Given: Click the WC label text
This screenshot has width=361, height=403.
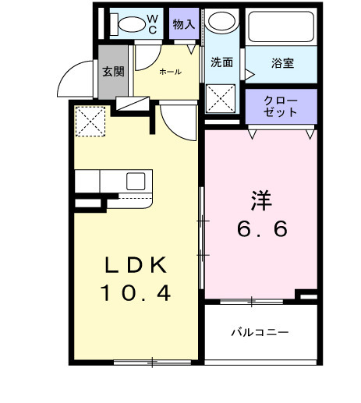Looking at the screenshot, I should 152,23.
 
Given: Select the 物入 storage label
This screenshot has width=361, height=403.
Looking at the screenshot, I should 184,24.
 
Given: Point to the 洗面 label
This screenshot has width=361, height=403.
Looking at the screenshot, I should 221,63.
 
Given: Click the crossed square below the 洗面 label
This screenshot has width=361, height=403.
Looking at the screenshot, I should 222,99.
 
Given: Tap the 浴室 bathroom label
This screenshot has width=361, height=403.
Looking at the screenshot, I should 282,63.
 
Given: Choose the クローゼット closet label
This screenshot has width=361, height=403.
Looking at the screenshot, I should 281,107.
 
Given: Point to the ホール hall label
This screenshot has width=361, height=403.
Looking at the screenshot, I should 170,72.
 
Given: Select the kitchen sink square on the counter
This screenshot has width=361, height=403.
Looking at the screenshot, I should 135,182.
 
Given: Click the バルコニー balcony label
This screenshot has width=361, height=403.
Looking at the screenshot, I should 260,332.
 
